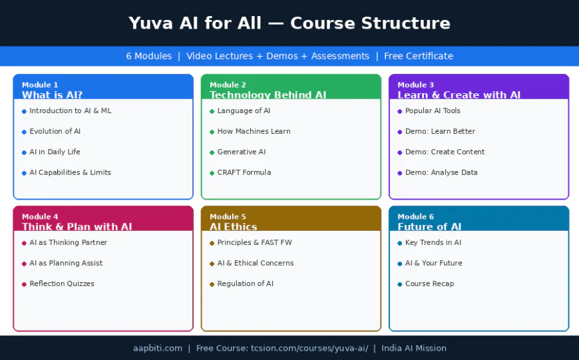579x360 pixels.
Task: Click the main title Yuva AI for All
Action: click(289, 23)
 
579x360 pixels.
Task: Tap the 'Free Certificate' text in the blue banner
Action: click(418, 56)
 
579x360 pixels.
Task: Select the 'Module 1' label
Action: click(40, 85)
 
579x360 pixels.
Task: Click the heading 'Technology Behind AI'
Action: click(268, 95)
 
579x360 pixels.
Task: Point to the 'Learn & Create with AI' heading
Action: click(459, 95)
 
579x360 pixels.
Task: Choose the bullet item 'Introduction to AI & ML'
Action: click(70, 111)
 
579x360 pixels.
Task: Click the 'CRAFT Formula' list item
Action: click(244, 172)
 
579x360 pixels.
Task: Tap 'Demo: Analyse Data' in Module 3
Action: click(441, 172)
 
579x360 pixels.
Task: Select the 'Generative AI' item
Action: click(241, 152)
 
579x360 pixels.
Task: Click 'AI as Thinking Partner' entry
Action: click(68, 243)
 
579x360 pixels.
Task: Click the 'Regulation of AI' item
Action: click(245, 283)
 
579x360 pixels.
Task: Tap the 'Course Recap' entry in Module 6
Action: click(429, 283)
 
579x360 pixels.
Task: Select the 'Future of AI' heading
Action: click(429, 227)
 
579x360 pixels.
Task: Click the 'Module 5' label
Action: click(228, 216)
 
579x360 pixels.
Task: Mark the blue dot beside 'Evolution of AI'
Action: click(24, 132)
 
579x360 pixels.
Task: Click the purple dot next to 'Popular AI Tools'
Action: click(399, 111)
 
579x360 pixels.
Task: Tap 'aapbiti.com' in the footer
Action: click(157, 348)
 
